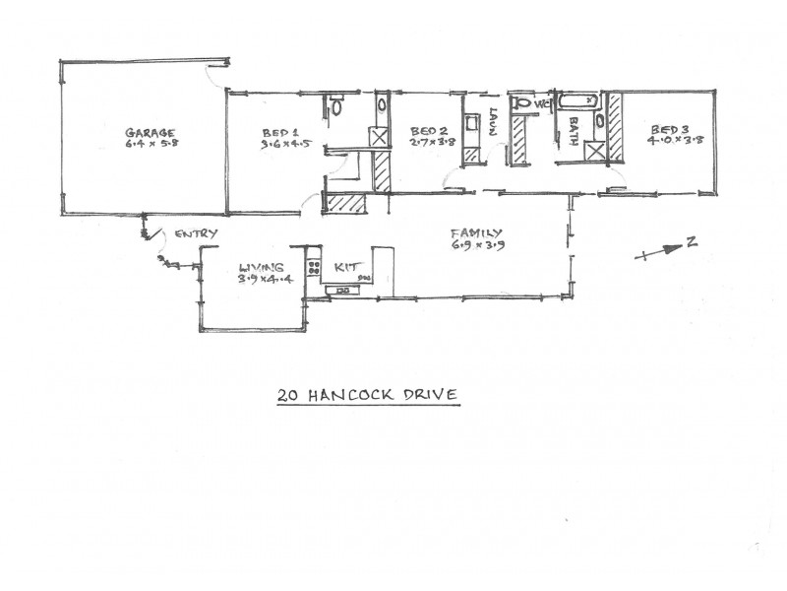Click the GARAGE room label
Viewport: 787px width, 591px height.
tap(150, 132)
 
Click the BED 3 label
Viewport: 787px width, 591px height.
tap(666, 129)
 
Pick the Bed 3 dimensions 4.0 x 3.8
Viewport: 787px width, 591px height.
tap(666, 141)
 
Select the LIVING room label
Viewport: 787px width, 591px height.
tap(262, 267)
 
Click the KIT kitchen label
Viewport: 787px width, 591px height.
tap(345, 267)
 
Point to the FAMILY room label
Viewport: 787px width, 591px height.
tap(477, 233)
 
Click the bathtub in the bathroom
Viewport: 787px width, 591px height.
tap(577, 100)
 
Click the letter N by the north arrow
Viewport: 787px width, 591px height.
tap(692, 243)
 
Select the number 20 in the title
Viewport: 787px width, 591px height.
tap(288, 395)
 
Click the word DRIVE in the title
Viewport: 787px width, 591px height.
tap(434, 395)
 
